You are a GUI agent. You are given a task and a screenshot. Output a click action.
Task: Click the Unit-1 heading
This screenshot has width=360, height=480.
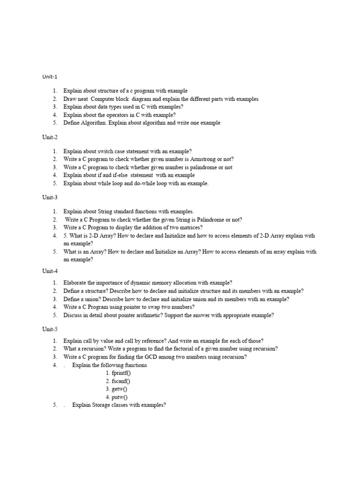pos(50,76)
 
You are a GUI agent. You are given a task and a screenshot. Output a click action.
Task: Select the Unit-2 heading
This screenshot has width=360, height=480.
pos(50,137)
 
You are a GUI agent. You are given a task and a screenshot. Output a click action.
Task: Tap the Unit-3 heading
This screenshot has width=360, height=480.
pos(50,197)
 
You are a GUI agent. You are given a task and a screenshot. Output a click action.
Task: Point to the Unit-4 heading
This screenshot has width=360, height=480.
pos(50,270)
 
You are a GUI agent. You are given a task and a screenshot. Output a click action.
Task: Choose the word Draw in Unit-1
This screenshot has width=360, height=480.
pos(70,99)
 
